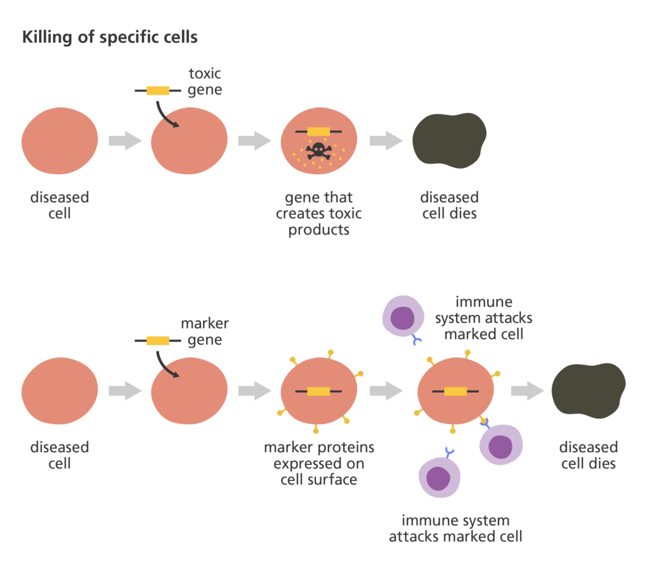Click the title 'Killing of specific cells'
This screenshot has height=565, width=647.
point(109,37)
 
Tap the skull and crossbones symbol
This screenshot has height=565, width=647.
point(318,150)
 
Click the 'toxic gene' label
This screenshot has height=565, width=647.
point(205,82)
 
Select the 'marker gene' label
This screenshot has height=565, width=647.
point(205,332)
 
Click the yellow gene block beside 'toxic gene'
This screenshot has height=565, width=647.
point(158,91)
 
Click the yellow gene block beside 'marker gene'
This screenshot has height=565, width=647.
point(158,341)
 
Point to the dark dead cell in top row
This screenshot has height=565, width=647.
point(449,140)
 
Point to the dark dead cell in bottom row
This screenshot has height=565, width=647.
point(588,390)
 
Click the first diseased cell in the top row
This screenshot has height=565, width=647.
point(60,140)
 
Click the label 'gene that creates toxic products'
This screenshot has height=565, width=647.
point(318,214)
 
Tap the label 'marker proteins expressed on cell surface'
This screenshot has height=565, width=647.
point(318,464)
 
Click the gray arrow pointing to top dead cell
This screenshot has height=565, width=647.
point(386,140)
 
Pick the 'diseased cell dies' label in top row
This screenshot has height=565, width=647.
point(449,206)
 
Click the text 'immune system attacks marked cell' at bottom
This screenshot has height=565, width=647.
point(455,529)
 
